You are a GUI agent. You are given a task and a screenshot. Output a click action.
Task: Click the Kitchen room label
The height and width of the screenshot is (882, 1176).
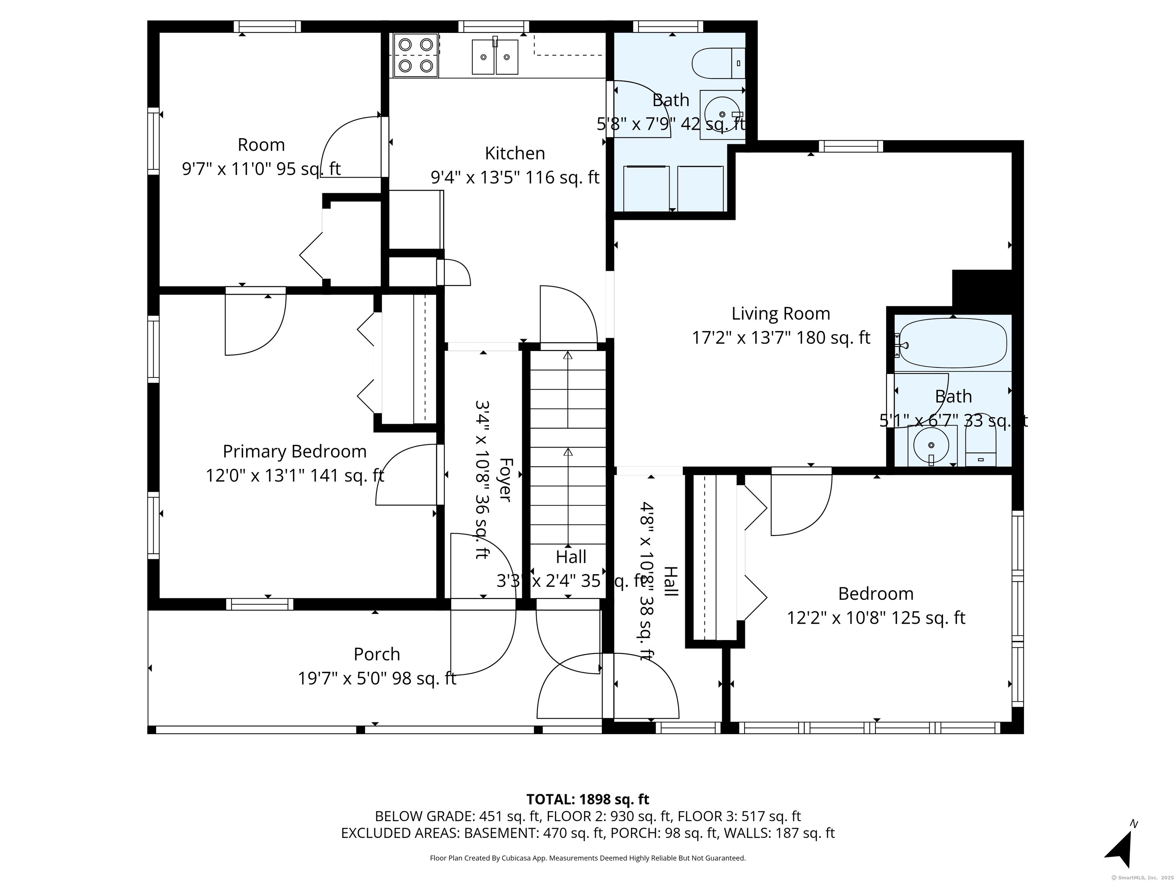pyautogui.click(x=514, y=153)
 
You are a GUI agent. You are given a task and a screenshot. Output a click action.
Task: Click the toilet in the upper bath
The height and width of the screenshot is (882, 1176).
pyautogui.click(x=718, y=63)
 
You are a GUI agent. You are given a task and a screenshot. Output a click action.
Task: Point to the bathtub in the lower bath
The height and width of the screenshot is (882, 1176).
pyautogui.click(x=952, y=343)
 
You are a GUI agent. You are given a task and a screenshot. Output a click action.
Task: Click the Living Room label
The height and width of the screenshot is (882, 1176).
pyautogui.click(x=781, y=314)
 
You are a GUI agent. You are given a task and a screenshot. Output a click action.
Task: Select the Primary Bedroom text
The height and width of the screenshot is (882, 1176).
pyautogui.click(x=294, y=451)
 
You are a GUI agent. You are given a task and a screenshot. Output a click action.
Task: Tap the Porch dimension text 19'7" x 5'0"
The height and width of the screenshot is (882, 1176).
pyautogui.click(x=377, y=678)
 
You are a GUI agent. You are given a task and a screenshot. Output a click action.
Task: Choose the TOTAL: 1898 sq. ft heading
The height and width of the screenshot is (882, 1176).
pyautogui.click(x=588, y=799)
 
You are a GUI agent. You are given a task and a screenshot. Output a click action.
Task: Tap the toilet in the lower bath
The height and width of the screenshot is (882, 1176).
pyautogui.click(x=980, y=441)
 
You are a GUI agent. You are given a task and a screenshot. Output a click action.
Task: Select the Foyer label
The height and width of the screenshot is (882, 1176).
pyautogui.click(x=505, y=480)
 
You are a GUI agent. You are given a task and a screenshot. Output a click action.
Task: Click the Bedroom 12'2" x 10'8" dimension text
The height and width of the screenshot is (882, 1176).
pyautogui.click(x=875, y=618)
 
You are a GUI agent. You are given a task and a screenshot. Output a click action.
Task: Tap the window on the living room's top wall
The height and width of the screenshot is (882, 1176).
pyautogui.click(x=851, y=146)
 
